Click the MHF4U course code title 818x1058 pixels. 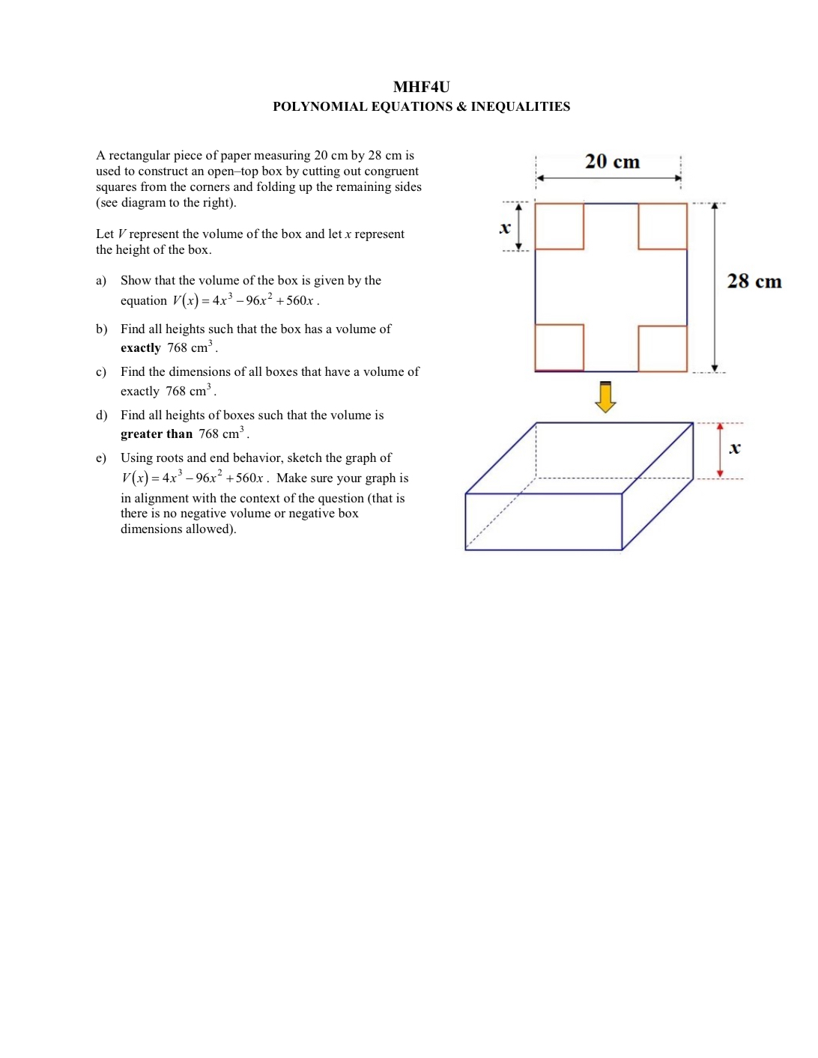(421, 87)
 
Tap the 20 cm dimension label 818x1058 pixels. (612, 162)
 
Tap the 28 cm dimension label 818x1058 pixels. (754, 282)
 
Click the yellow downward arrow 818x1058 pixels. (605, 397)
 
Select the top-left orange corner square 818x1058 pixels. (560, 226)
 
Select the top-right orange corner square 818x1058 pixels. (662, 226)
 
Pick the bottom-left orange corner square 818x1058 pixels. (560, 347)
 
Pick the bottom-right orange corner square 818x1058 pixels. (662, 348)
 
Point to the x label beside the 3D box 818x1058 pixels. (735, 448)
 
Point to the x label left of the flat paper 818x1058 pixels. (505, 228)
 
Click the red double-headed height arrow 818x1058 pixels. (720, 450)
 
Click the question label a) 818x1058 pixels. (101, 281)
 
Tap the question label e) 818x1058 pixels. (101, 458)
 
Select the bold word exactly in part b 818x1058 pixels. (141, 348)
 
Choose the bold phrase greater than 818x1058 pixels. (157, 434)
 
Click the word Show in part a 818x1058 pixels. (136, 281)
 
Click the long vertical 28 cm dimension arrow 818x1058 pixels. (715, 288)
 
